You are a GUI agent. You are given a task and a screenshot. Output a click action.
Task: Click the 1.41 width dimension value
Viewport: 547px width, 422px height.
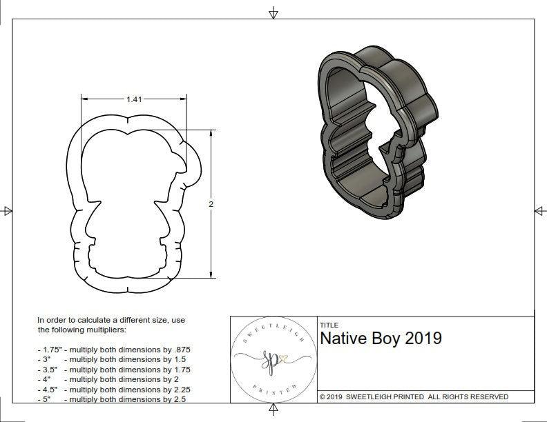[134, 99]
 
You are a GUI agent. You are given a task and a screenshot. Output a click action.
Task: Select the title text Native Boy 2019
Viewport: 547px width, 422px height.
[381, 339]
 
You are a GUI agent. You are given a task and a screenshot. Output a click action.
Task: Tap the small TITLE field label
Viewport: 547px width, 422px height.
[329, 325]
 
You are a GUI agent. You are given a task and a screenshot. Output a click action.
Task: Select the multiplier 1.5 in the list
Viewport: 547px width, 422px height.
[176, 359]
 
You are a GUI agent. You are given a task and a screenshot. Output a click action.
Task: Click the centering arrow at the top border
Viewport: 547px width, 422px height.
[273, 12]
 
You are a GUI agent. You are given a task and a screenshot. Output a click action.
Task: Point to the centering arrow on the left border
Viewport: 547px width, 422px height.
[8, 211]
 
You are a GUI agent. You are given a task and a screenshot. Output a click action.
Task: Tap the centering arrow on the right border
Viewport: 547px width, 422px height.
[539, 211]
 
